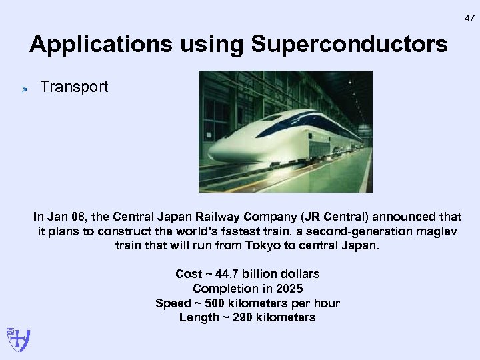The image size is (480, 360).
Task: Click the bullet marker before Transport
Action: [22, 88]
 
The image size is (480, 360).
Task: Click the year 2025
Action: [289, 289]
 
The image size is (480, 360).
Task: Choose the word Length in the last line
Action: [198, 317]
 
